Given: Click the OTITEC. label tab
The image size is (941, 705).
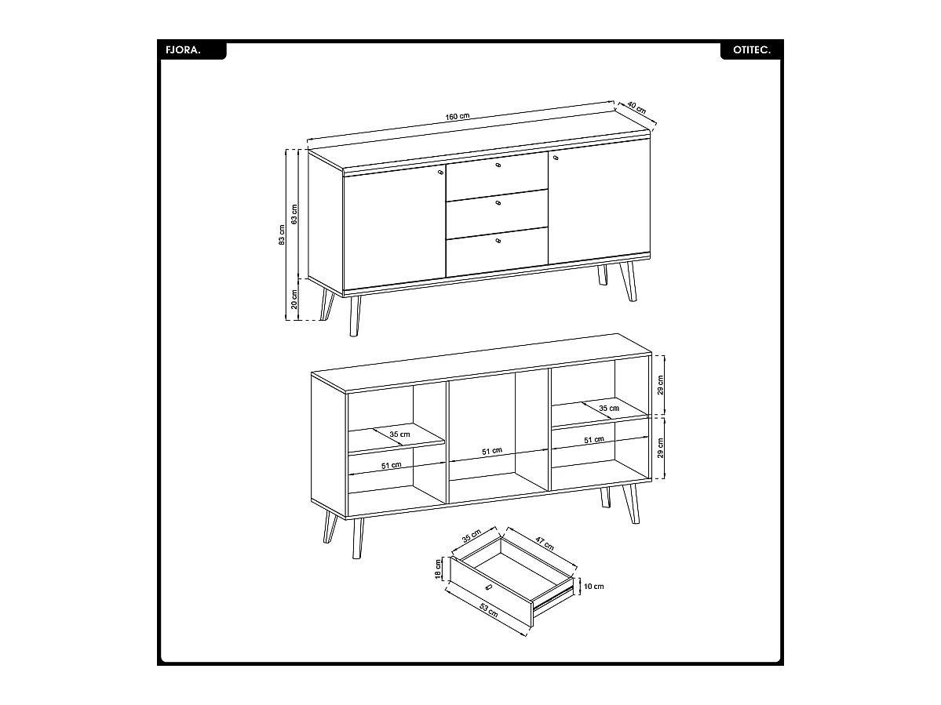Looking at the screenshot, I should (x=751, y=49).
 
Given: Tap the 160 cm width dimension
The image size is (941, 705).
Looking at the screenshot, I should (x=458, y=117).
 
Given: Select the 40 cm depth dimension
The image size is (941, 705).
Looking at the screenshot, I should (x=636, y=108).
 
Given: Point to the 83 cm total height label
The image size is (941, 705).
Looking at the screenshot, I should (x=282, y=234).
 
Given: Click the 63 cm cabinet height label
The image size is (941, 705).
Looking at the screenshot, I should (x=294, y=213).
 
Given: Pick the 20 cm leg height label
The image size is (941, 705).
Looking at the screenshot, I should (x=294, y=299).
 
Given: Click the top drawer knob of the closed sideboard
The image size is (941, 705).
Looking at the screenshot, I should (x=498, y=166).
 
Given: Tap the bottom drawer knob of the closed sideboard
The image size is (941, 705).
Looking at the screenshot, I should (x=498, y=241).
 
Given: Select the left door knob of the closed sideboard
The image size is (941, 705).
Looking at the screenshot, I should (x=440, y=169).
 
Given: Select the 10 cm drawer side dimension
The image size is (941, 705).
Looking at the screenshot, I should (x=594, y=586).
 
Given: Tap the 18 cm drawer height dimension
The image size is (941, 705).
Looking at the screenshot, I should (x=439, y=569).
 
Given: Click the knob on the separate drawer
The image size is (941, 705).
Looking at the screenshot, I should (x=488, y=587).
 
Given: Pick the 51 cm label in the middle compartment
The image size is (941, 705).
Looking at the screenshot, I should (x=492, y=452).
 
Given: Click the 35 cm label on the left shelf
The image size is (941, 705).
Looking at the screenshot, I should (x=399, y=434).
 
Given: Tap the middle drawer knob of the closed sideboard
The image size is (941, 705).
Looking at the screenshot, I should (x=498, y=203).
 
